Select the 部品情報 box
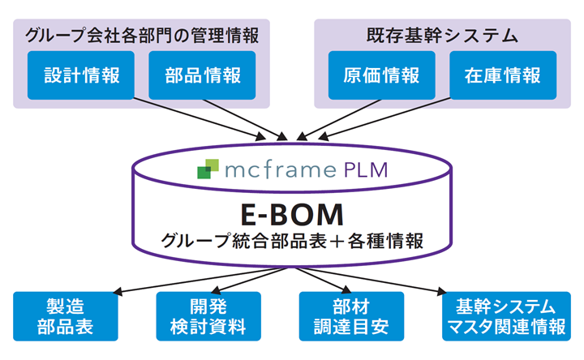pos(202,75)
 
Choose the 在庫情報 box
pos(503,75)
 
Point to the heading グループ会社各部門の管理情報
pos(142,35)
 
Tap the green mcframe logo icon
pos(208,169)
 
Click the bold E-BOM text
pos(291,213)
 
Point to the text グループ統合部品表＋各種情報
pos(292,241)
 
